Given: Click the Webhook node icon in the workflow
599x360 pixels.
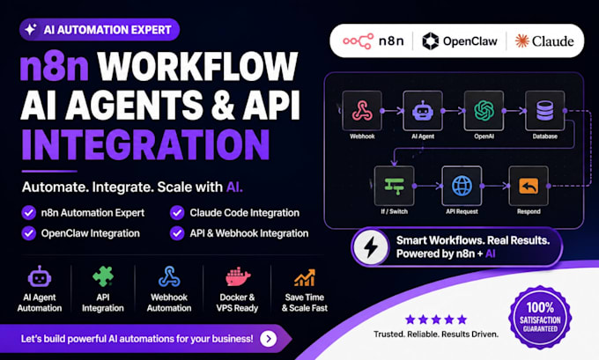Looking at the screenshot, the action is tap(362, 111).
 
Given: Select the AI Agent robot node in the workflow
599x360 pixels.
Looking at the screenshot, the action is tap(423, 111).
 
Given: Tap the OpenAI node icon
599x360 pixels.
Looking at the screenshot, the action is tap(484, 111).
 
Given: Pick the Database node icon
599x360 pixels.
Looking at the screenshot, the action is tap(544, 111).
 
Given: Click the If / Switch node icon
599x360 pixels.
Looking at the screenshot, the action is tap(395, 186).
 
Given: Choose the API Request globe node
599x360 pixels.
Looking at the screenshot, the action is tap(462, 186).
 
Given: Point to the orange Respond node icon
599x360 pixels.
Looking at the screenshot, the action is tap(529, 186).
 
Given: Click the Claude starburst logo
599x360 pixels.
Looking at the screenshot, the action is tap(521, 40).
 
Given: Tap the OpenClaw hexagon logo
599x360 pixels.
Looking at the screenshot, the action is tap(431, 40).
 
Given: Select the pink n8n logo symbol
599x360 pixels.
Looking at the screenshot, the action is tap(358, 41).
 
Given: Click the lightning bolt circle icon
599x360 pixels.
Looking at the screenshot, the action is tap(370, 247).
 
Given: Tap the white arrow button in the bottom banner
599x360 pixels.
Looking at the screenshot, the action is tap(268, 339).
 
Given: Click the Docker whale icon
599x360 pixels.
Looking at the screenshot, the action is tap(238, 276).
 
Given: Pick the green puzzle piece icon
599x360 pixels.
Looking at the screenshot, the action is tap(103, 276).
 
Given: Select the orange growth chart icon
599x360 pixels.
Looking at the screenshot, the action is tap(305, 277).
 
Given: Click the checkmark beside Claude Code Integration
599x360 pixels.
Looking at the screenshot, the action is tap(177, 213).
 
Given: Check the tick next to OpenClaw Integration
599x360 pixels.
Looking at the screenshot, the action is tap(29, 233).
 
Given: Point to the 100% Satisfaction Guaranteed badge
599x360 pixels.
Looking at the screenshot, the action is tap(540, 318).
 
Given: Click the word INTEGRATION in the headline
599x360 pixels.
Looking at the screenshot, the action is tap(145, 144).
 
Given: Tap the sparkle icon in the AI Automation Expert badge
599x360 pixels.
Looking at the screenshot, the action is tap(31, 29).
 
